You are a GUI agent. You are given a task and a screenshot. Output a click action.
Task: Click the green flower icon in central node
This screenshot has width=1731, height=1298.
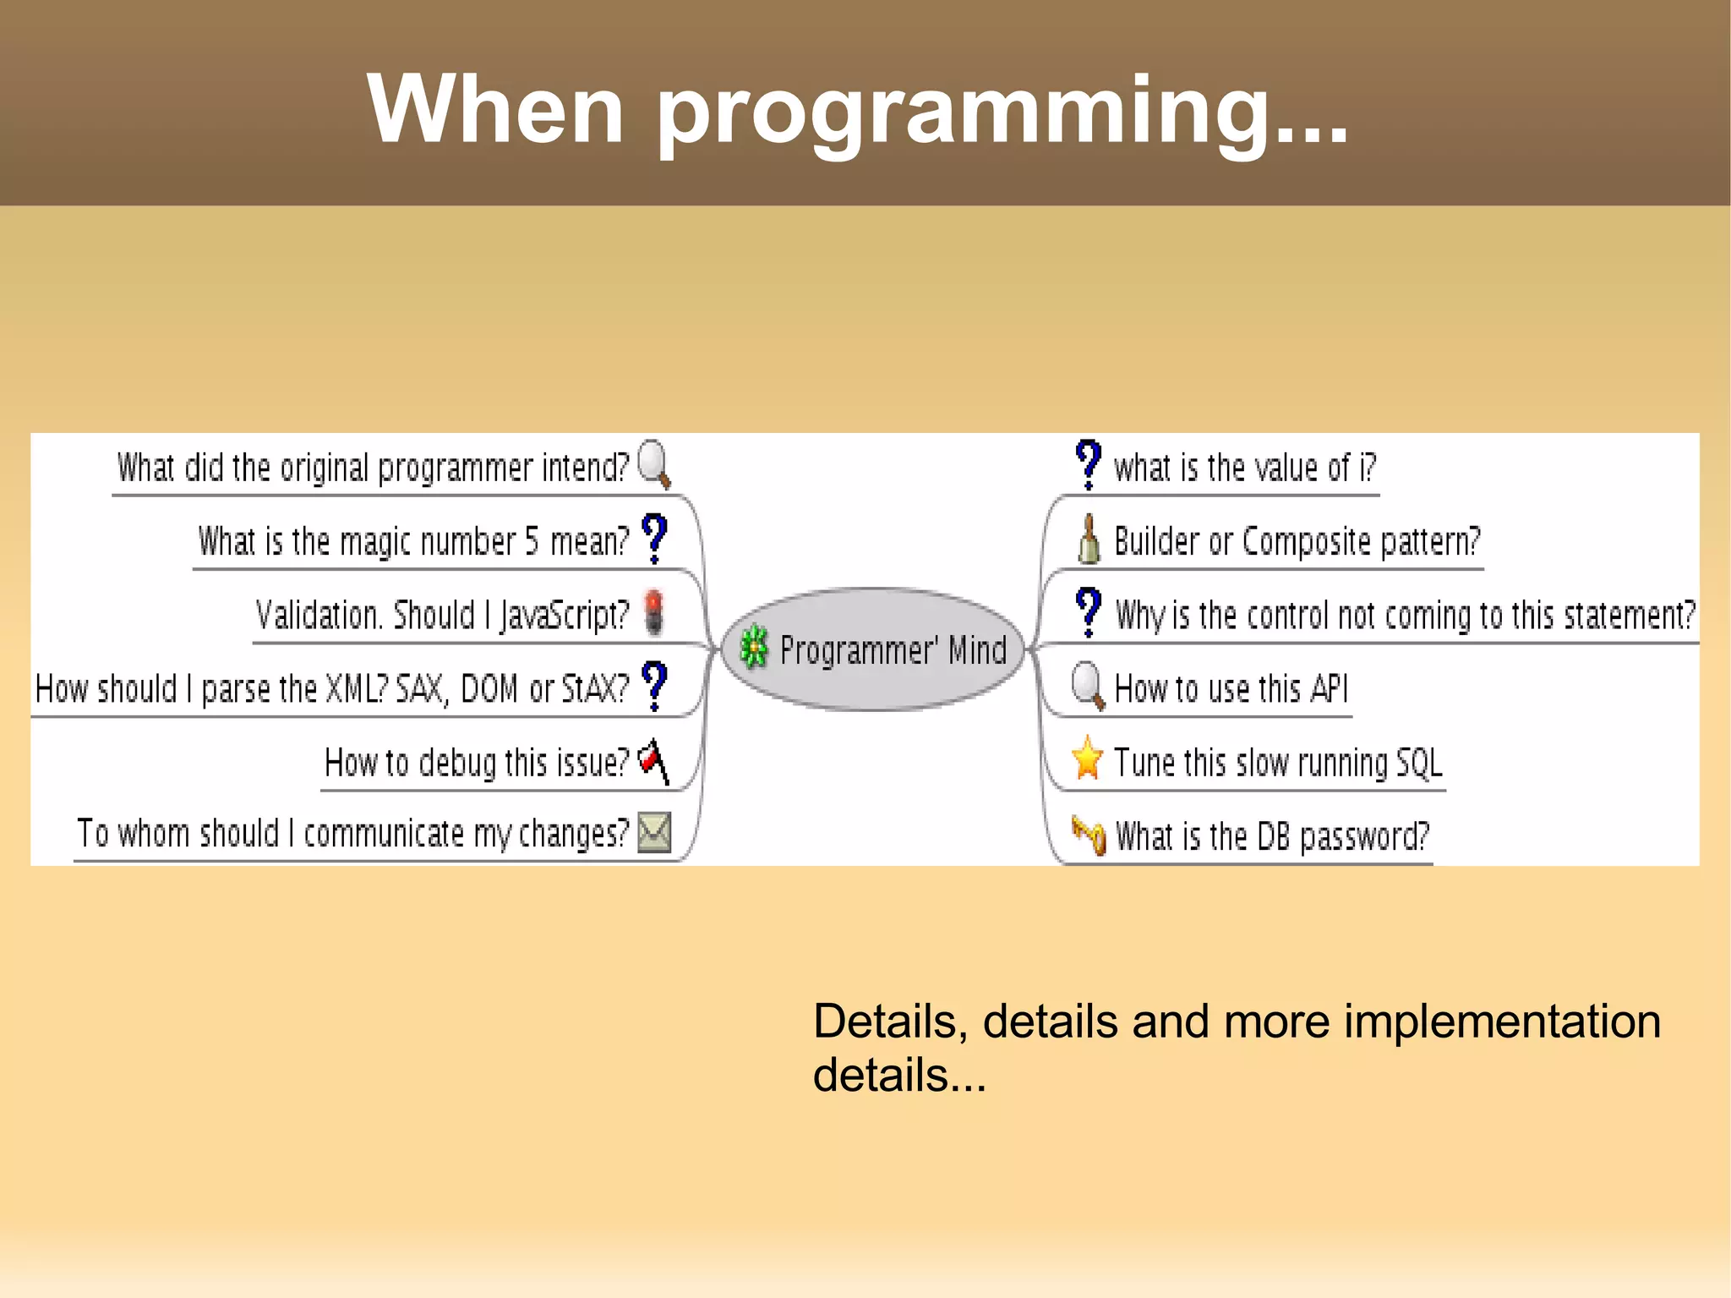[753, 649]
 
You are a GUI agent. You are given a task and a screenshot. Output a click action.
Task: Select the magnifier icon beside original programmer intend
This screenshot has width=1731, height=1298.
[653, 463]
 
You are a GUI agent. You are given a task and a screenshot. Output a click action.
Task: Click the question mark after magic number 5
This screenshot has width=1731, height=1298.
[654, 538]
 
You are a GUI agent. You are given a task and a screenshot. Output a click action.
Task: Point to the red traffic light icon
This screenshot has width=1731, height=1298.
[654, 611]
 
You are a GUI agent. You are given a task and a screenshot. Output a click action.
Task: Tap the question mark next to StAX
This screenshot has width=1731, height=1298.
[654, 685]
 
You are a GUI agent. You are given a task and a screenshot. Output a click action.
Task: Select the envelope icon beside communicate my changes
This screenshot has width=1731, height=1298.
[654, 832]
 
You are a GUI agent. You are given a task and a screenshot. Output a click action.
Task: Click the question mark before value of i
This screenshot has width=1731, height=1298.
[1088, 463]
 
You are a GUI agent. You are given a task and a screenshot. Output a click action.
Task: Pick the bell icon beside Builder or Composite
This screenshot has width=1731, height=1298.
[1089, 539]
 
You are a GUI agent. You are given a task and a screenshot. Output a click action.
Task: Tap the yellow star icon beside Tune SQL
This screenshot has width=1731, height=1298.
[1087, 759]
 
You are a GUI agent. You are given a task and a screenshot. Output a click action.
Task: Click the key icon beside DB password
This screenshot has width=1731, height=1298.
[1089, 835]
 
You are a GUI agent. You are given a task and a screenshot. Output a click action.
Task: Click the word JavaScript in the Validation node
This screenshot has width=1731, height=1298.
[564, 616]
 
